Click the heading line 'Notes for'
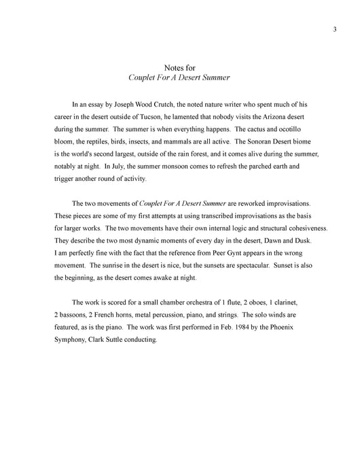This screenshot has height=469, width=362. pos(180,67)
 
